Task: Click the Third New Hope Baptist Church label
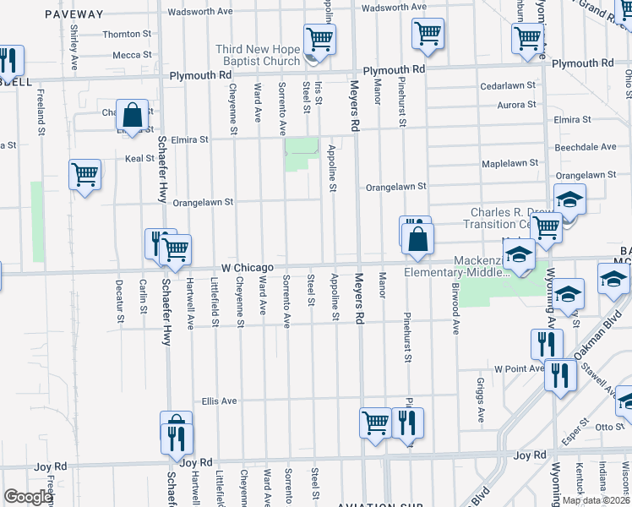pyautogui.click(x=258, y=55)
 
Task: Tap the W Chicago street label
pyautogui.click(x=248, y=267)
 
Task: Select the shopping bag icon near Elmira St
pyautogui.click(x=133, y=114)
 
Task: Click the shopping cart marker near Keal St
pyautogui.click(x=85, y=175)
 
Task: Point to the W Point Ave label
pyautogui.click(x=519, y=369)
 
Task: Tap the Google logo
pyautogui.click(x=27, y=497)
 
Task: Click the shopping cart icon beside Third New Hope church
pyautogui.click(x=319, y=38)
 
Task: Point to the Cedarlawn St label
pyautogui.click(x=508, y=85)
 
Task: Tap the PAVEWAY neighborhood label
pyautogui.click(x=74, y=14)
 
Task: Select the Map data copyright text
pyautogui.click(x=595, y=500)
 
